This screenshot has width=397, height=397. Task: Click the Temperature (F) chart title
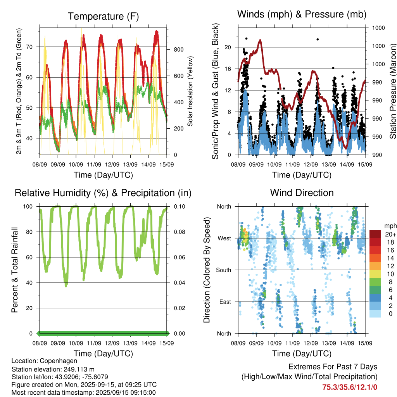pos(103,16)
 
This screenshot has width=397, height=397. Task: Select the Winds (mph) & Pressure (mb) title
pos(302,14)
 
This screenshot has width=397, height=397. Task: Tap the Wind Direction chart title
pos(302,193)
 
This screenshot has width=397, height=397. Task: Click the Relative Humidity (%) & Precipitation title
pos(103,193)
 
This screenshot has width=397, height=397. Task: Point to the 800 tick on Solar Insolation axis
pos(179,50)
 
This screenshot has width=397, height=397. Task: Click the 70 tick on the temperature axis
pos(29,47)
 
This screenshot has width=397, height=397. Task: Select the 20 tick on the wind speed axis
pos(228,47)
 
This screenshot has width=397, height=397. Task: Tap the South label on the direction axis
pos(224,270)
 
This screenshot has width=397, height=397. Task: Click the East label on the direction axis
pos(225,302)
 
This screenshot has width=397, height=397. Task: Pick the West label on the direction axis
pos(224,238)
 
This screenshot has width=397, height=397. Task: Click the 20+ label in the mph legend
pos(390,234)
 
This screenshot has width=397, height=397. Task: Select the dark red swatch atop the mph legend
pos(375,234)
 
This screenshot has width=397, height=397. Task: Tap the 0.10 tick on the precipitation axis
pos(180,207)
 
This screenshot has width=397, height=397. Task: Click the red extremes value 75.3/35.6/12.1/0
pos(350,387)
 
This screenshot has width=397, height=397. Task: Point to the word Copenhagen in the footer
pos(59,361)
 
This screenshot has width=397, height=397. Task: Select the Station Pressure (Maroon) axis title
pos(393,91)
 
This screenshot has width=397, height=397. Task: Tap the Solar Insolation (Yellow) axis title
pos(190,91)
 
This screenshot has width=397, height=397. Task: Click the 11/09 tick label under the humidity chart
pos(94,343)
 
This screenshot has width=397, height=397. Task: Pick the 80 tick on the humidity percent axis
pos(29,232)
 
